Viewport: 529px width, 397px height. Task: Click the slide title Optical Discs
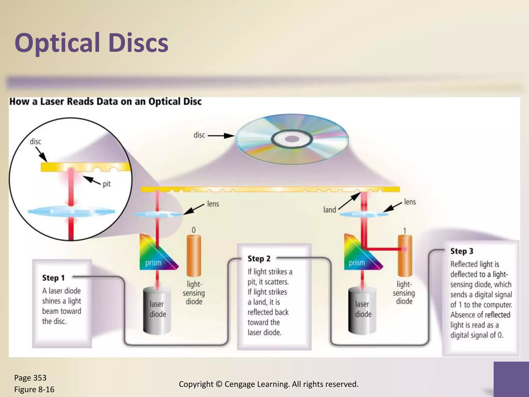click(x=91, y=43)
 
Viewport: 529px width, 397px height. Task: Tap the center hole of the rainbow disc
click(x=292, y=139)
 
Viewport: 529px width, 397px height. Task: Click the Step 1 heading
click(x=53, y=278)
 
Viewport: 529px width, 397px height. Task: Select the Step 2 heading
click(x=259, y=258)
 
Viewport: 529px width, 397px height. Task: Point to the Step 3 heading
click(x=462, y=251)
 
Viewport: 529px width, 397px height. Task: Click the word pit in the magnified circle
click(x=107, y=184)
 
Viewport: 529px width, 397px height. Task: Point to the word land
click(x=330, y=210)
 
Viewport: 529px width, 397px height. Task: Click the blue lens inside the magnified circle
click(x=71, y=211)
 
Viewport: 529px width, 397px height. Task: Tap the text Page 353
click(x=30, y=378)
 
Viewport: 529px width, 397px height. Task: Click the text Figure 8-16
click(x=34, y=390)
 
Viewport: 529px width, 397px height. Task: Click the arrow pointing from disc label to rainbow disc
click(x=221, y=136)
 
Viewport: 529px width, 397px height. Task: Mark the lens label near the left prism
click(x=213, y=204)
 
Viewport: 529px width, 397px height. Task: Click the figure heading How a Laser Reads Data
click(x=105, y=102)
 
